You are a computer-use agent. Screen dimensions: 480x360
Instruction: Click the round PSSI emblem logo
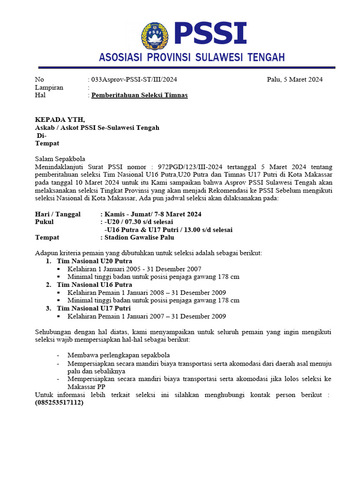[x=156, y=36]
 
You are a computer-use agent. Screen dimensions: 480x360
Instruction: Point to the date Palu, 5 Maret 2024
[x=294, y=80]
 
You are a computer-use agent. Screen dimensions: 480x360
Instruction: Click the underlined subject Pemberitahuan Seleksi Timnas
[x=139, y=95]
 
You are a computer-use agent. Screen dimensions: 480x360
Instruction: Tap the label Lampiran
[x=49, y=88]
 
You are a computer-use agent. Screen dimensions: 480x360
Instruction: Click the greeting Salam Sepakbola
[x=60, y=158]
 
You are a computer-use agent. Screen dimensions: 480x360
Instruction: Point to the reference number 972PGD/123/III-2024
[x=190, y=166]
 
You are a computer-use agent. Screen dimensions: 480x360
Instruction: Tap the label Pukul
[x=45, y=222]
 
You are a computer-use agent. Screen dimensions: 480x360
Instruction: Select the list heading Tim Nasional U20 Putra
[x=94, y=261]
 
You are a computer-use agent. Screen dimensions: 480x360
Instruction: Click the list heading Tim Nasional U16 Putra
[x=94, y=285]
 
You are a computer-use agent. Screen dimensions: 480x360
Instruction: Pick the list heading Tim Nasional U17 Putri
[x=94, y=308]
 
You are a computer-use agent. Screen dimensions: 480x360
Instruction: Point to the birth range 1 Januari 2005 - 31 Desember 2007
[x=150, y=269]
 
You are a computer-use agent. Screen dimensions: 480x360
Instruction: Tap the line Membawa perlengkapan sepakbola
[x=118, y=355]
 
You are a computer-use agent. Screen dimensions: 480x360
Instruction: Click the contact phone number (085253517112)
[x=59, y=403]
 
